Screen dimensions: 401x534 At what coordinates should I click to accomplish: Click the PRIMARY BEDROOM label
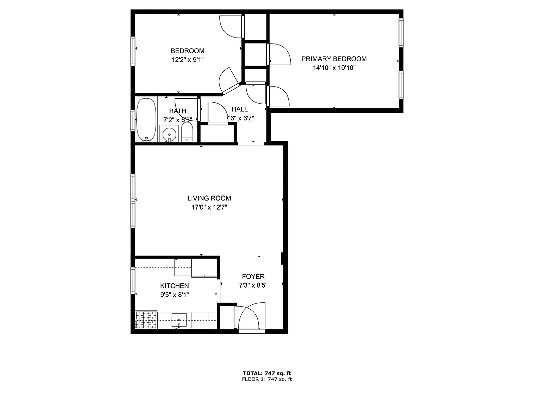pyautogui.click(x=334, y=59)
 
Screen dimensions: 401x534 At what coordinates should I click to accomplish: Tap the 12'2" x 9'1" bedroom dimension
pyautogui.click(x=187, y=60)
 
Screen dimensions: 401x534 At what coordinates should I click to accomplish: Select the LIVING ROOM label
pyautogui.click(x=209, y=198)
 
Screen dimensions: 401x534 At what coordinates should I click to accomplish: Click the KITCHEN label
pyautogui.click(x=174, y=286)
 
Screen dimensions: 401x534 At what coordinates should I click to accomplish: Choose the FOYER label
pyautogui.click(x=253, y=276)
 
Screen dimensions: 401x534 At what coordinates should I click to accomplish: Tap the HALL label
pyautogui.click(x=239, y=109)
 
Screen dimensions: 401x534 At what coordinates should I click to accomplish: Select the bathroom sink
pyautogui.click(x=170, y=134)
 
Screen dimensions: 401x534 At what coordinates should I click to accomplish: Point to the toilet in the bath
pyautogui.click(x=187, y=133)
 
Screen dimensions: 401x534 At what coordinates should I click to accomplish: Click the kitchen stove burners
pyautogui.click(x=146, y=320)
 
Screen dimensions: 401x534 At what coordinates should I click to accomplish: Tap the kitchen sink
pyautogui.click(x=179, y=319)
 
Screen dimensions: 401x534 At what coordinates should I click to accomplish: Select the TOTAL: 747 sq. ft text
pyautogui.click(x=267, y=373)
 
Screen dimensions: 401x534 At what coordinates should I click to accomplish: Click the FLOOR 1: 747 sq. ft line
pyautogui.click(x=267, y=379)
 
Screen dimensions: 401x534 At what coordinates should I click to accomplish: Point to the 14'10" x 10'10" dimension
pyautogui.click(x=334, y=68)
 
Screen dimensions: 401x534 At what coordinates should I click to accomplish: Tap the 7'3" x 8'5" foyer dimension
pyautogui.click(x=253, y=286)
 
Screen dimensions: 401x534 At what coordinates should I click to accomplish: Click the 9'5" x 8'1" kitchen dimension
pyautogui.click(x=174, y=295)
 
